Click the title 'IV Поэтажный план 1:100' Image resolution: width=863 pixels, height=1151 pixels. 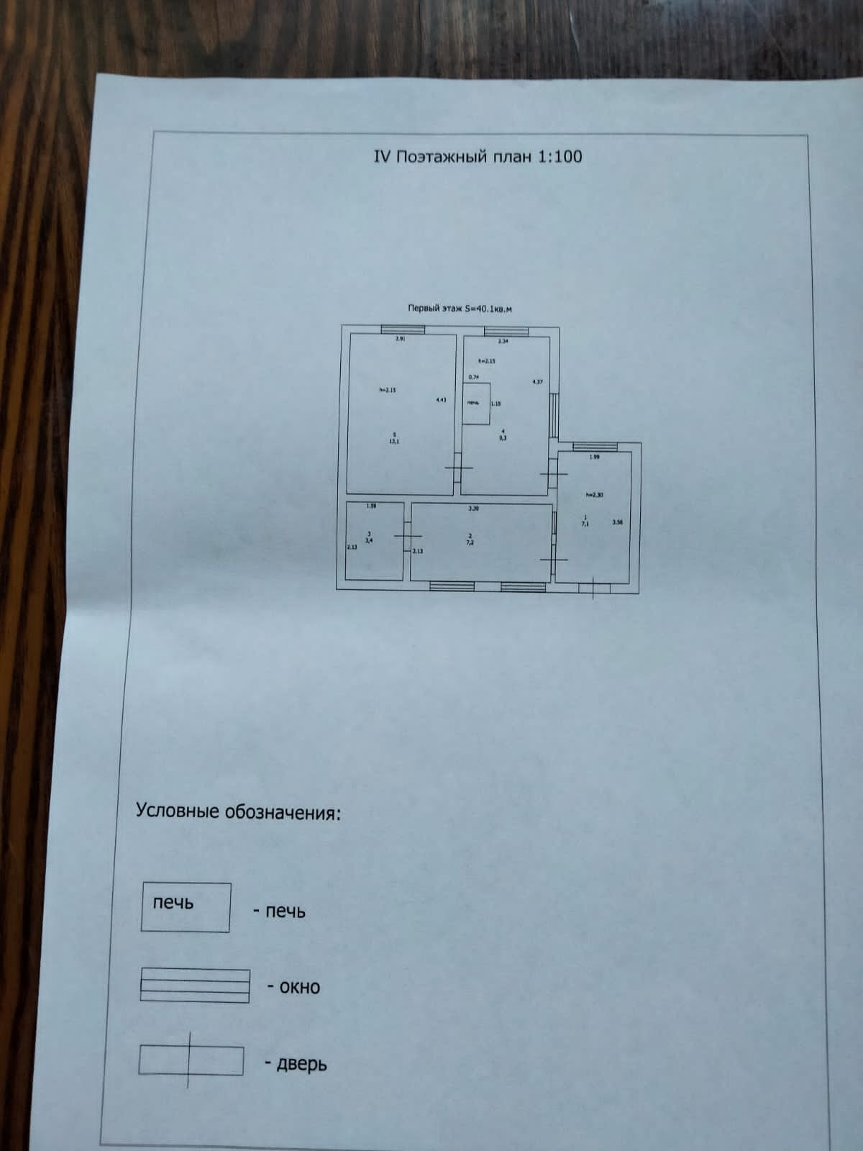point(478,156)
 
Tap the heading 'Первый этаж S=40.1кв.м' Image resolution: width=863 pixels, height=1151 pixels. point(460,309)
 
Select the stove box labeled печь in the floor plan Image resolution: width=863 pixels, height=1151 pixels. point(475,404)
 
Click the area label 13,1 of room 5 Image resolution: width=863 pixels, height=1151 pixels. point(394,442)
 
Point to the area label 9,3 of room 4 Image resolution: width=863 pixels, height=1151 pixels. point(503,437)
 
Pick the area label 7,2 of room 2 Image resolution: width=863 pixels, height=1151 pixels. point(470,543)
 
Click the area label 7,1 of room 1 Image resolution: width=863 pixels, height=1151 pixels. point(585,524)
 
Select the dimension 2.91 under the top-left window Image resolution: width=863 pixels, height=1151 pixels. point(401,339)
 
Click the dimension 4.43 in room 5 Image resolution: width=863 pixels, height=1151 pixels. point(442,400)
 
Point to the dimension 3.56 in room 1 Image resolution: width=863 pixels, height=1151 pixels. point(617,523)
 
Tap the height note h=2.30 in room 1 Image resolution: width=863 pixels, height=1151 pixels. point(594,494)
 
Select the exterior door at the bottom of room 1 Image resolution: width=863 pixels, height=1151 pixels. point(594,588)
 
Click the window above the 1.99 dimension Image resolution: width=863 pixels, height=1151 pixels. point(594,447)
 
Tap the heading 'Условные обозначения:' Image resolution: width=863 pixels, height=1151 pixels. point(238,812)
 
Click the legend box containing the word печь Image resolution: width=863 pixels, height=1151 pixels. point(186,907)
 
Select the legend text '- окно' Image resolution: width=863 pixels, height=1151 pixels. point(293,986)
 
